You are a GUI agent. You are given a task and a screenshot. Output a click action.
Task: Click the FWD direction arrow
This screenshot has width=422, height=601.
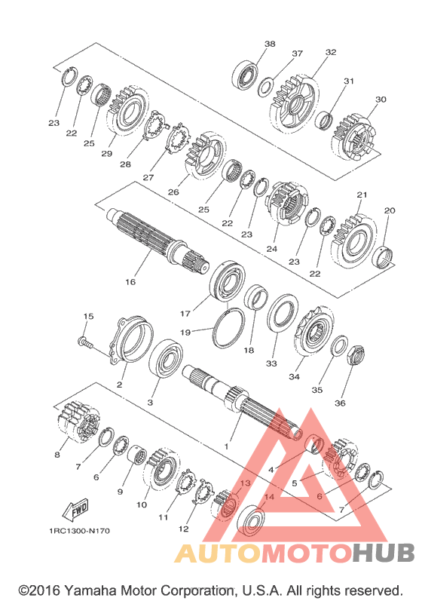pyautogui.click(x=76, y=510)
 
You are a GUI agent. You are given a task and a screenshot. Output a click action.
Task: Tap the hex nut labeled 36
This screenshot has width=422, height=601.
pyautogui.click(x=356, y=355)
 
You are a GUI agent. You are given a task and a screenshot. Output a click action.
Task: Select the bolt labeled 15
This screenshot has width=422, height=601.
pyautogui.click(x=85, y=342)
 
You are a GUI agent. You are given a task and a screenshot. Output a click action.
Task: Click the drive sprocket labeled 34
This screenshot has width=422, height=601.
pyautogui.click(x=313, y=332)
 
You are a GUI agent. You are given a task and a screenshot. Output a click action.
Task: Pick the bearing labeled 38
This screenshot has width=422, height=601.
pyautogui.click(x=245, y=75)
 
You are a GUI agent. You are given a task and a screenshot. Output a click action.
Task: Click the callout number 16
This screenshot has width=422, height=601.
pyautogui.click(x=130, y=282)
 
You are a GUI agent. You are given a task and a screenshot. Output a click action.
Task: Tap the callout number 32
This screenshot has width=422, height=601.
pyautogui.click(x=331, y=52)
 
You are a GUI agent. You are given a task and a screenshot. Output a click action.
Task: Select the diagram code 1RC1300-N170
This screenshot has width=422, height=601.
pyautogui.click(x=79, y=531)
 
